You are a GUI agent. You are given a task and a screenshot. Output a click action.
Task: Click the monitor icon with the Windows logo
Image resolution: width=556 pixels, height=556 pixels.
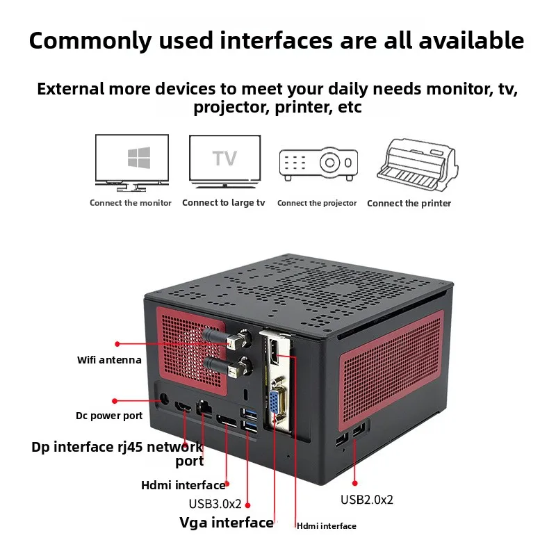[x=132, y=162]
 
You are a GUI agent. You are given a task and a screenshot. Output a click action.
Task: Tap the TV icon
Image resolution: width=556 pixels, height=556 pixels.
[x=224, y=161]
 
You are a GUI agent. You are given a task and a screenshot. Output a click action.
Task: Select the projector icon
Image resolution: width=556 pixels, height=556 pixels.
[x=318, y=164]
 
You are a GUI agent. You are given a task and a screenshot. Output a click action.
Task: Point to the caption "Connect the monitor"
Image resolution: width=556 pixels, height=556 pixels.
[x=131, y=203]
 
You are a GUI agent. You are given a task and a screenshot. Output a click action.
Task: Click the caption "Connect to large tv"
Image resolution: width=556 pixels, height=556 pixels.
[x=223, y=203]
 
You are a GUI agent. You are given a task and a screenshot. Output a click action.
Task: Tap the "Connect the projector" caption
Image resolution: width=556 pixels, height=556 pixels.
[x=317, y=203]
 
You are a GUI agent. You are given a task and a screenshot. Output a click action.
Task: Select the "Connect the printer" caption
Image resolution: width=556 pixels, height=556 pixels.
[x=409, y=204]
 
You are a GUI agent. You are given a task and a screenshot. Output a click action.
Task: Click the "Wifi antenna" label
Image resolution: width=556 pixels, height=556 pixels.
[x=109, y=360]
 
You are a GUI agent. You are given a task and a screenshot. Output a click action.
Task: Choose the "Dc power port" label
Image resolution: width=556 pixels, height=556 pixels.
[x=109, y=416]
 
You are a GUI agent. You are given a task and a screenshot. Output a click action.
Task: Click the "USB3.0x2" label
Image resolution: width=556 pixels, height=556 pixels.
[x=215, y=504]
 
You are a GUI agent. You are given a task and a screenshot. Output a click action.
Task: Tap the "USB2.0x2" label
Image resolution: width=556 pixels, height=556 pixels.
[x=366, y=499]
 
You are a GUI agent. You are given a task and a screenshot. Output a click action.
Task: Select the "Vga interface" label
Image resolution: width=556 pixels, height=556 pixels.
[x=227, y=523]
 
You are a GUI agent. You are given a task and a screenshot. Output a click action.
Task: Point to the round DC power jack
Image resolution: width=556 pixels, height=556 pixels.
[x=165, y=400]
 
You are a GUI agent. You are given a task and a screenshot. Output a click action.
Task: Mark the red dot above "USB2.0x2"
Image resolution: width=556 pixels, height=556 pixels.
[x=354, y=482]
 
